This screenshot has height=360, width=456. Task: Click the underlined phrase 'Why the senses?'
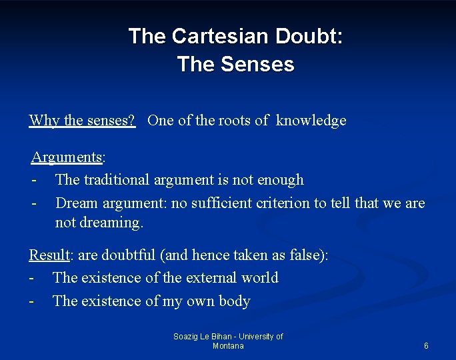tap(82, 121)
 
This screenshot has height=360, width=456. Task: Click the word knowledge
tap(311, 121)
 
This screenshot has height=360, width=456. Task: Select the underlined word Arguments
tap(66, 157)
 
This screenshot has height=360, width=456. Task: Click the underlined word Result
tap(49, 255)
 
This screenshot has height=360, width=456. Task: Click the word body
tap(234, 301)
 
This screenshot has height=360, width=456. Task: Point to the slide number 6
tap(426, 346)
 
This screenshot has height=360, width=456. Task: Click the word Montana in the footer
tap(228, 346)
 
